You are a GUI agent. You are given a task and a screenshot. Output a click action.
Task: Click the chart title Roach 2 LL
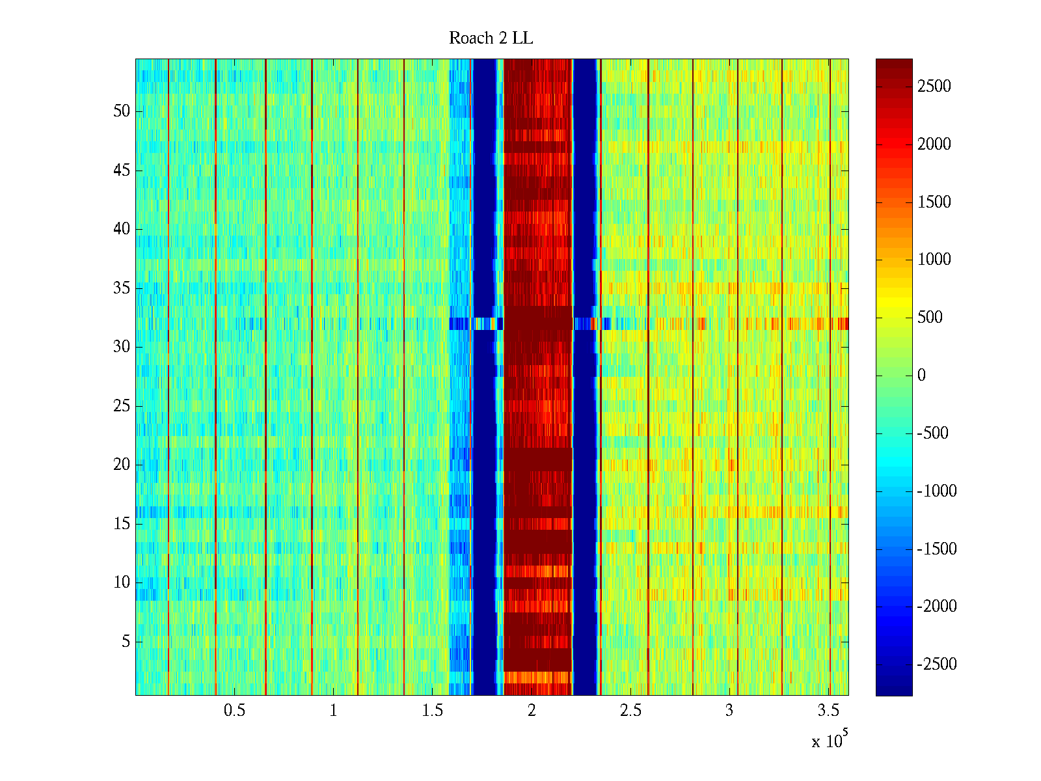[491, 38]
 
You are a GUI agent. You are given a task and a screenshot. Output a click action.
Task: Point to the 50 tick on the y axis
[122, 111]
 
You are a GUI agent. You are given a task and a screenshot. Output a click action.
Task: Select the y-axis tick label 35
[122, 288]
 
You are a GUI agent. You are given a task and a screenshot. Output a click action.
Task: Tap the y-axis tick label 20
[122, 465]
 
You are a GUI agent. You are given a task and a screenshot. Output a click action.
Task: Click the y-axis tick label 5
[126, 642]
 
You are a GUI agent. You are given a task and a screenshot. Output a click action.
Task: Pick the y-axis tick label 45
[122, 171]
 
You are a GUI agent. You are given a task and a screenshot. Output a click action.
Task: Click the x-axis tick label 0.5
[234, 711]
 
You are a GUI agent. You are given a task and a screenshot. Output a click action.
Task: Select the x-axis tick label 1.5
[432, 711]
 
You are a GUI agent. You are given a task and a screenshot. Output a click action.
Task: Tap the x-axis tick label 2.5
[630, 711]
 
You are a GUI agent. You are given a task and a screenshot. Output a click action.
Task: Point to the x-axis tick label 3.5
[828, 711]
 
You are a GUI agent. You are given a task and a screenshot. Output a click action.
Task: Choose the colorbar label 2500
[934, 87]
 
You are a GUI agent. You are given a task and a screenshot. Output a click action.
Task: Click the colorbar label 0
[921, 376]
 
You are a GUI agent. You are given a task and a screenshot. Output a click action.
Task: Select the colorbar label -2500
[936, 665]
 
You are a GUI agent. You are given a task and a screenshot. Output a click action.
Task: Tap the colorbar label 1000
[934, 260]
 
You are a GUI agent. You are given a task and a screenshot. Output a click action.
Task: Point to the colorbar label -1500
[936, 549]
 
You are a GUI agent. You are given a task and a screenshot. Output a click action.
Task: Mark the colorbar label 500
[930, 318]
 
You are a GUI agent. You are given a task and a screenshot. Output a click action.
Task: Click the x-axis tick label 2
[532, 711]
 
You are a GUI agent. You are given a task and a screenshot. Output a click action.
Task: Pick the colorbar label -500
[932, 433]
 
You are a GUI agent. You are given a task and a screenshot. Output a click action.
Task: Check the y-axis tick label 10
[122, 582]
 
